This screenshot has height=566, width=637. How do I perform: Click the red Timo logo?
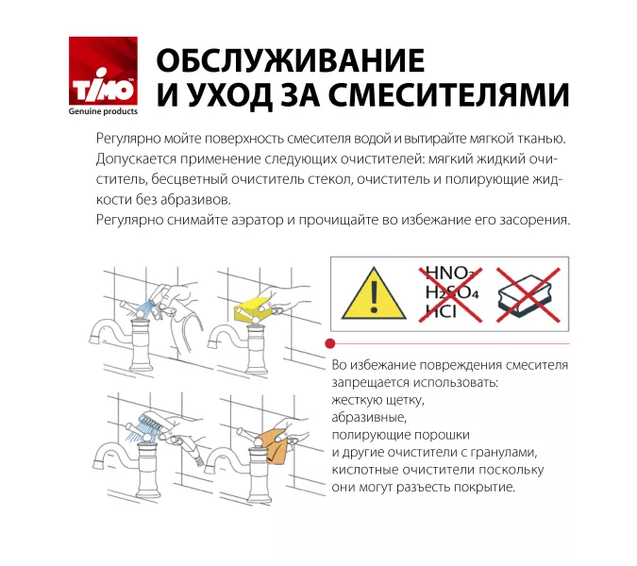pos(103,70)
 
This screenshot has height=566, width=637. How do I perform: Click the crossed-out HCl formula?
pos(441,311)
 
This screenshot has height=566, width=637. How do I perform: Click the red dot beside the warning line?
pos(327,344)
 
